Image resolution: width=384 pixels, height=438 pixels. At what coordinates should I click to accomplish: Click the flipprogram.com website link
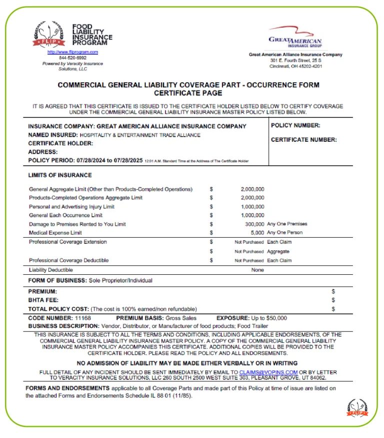coord(72,52)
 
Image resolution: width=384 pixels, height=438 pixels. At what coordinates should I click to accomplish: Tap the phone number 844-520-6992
coord(72,58)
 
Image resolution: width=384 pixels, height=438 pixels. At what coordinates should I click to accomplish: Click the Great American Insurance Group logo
coord(295,37)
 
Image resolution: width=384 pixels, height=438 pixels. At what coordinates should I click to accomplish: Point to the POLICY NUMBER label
coord(295,126)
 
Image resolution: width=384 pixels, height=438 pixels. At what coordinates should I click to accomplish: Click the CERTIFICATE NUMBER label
coord(303,140)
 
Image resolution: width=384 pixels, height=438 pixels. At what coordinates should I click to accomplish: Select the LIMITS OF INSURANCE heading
coord(60,175)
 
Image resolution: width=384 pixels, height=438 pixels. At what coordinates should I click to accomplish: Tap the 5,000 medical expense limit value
coord(257,232)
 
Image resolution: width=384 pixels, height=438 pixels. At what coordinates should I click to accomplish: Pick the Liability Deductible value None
coord(257,270)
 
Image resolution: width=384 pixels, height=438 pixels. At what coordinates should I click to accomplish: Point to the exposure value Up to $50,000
coord(269,318)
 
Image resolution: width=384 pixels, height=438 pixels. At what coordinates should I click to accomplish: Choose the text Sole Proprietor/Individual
coord(120,280)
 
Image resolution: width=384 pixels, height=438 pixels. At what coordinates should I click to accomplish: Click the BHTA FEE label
coord(43,300)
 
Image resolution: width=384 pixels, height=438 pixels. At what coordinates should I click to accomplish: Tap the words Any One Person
coord(284,232)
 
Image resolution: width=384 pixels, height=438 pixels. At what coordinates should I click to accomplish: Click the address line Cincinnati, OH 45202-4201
coord(295,66)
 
